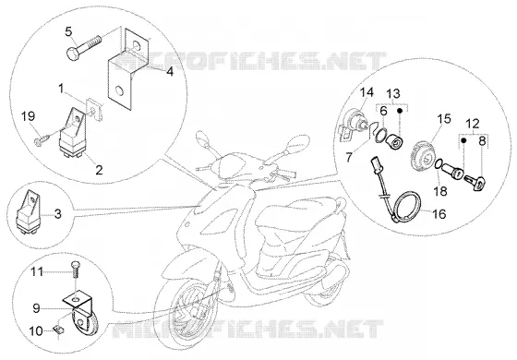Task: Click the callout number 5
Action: pos(68,32)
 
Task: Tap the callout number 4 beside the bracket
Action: pos(170,71)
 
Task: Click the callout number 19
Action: pos(29,116)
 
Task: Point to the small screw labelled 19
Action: pos(42,138)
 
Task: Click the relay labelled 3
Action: pos(29,213)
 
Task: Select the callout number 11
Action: pos(37,272)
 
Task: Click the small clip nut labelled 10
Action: pos(59,329)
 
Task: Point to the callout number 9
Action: pos(36,308)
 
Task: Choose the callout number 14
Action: pos(367,92)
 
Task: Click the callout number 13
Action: pos(393,93)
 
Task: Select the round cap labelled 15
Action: pos(423,156)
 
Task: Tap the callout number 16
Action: pos(439,214)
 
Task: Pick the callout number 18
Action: pos(440,192)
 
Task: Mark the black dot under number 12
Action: pos(463,139)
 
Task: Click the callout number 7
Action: pos(349,157)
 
